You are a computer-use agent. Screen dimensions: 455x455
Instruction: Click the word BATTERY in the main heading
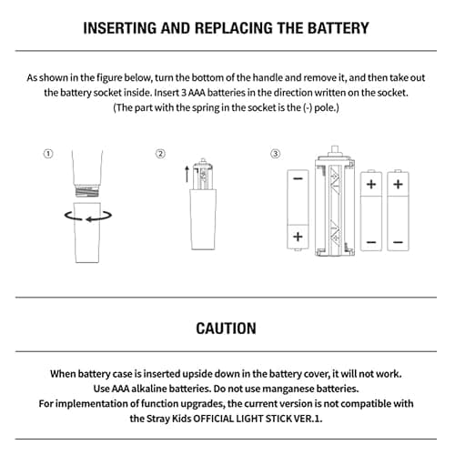[x=339, y=28]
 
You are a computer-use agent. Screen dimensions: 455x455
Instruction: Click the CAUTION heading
[x=226, y=329]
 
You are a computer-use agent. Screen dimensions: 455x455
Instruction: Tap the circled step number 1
[x=48, y=154]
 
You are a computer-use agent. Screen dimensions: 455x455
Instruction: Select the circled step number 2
[x=160, y=154]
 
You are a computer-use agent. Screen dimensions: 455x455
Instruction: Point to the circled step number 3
[x=276, y=154]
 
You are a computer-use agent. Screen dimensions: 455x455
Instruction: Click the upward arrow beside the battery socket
[x=187, y=174]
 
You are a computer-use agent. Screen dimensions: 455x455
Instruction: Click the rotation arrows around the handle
[x=88, y=216]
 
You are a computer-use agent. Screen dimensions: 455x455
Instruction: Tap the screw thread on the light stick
[x=87, y=191]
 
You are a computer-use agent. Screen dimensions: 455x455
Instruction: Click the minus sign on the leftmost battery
[x=298, y=179]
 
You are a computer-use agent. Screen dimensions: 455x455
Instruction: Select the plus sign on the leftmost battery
[x=298, y=237]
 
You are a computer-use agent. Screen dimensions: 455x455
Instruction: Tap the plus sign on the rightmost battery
[x=398, y=184]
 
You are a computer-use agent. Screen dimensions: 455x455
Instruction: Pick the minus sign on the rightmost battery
[x=398, y=242]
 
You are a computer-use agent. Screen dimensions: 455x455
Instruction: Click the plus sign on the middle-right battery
[x=371, y=184]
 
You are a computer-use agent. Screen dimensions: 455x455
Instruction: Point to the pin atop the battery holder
[x=335, y=150]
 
